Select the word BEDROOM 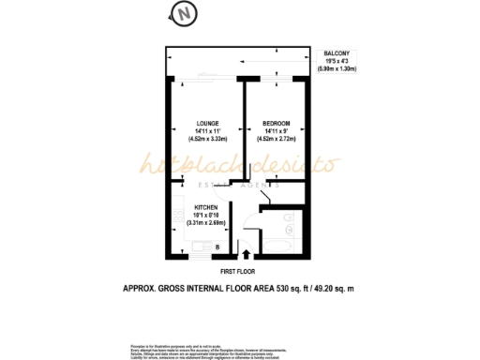pyautogui.click(x=277, y=124)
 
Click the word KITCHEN pyautogui.click(x=207, y=207)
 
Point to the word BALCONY pyautogui.click(x=337, y=54)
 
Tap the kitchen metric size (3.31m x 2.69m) pyautogui.click(x=207, y=223)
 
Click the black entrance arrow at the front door pyautogui.click(x=247, y=251)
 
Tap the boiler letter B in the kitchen pyautogui.click(x=217, y=247)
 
